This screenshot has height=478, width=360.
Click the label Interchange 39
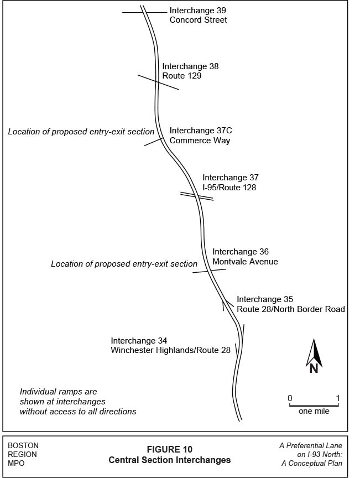[x=197, y=11]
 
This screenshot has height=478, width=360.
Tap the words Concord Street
[x=198, y=20]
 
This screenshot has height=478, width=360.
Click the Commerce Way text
[x=200, y=141]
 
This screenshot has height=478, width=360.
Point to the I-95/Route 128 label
[x=229, y=188]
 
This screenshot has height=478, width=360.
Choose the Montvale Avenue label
[x=245, y=262]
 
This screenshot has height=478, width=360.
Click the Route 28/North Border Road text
[x=290, y=309]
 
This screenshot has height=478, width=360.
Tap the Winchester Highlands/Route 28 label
[x=170, y=350]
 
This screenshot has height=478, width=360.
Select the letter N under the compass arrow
[x=314, y=368]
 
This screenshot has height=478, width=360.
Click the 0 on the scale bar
[x=290, y=398]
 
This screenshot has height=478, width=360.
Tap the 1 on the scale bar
[x=337, y=398]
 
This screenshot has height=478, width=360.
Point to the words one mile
[x=314, y=412]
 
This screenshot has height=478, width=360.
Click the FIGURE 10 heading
[x=169, y=449]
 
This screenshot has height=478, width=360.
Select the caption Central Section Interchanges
[x=169, y=460]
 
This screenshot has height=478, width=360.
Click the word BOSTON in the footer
[x=23, y=445]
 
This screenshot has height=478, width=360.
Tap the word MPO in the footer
[x=17, y=464]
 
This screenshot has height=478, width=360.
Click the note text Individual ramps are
[x=58, y=391]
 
